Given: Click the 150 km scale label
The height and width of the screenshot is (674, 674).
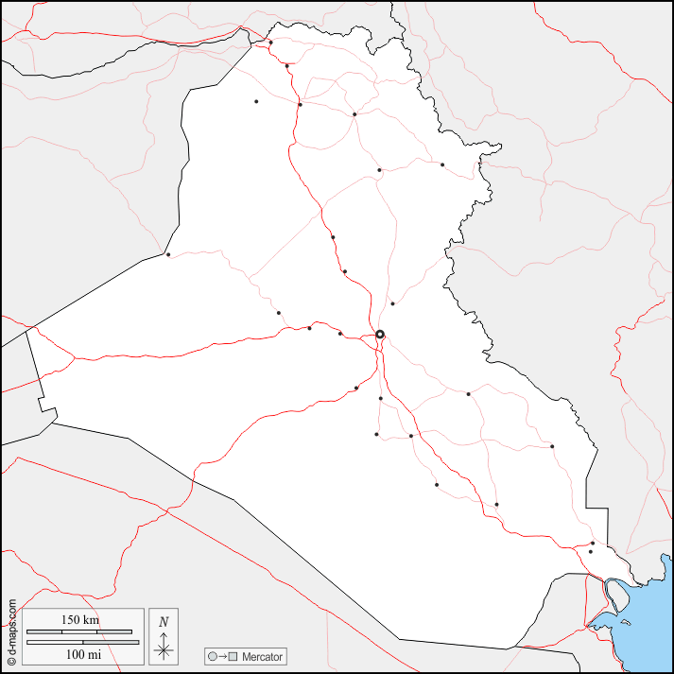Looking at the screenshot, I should click(x=80, y=620).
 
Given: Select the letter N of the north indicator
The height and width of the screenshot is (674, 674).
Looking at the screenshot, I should click(x=164, y=622).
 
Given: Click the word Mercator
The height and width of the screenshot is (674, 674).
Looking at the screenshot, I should click(x=262, y=656).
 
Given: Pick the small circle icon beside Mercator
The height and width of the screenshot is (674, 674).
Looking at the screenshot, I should click(x=213, y=656).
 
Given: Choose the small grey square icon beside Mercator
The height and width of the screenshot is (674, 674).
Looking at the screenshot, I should click(x=233, y=656).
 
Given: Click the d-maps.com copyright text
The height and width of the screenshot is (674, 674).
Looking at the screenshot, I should click(x=11, y=631).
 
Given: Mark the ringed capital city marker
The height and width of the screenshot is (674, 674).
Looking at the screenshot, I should click(x=380, y=334).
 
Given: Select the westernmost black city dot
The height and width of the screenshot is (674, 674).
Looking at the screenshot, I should click(x=168, y=254).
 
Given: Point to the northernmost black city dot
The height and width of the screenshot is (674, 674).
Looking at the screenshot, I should click(x=270, y=42).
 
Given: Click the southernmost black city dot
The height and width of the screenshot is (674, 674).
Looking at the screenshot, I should click(x=591, y=552).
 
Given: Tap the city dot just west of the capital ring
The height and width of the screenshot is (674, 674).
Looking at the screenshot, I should click(x=340, y=334).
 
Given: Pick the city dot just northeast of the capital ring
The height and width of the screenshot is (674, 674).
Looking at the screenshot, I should click(x=392, y=303).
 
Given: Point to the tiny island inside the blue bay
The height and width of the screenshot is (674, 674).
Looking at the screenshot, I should click(x=626, y=623).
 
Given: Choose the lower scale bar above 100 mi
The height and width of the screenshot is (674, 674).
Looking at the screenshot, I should click(x=80, y=643).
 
